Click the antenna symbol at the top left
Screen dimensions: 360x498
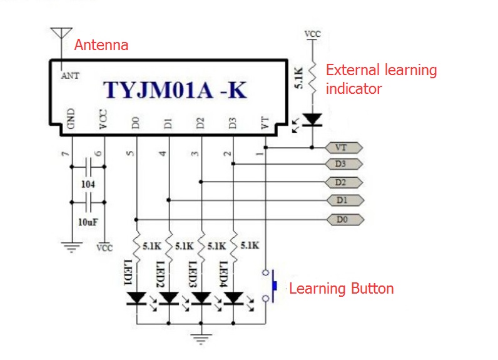(x=61, y=34)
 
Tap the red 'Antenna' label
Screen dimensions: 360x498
(x=101, y=45)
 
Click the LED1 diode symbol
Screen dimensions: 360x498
(x=136, y=299)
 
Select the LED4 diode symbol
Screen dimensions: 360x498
(x=233, y=299)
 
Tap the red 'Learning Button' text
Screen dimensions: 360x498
(x=341, y=289)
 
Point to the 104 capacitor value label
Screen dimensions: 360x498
(x=88, y=185)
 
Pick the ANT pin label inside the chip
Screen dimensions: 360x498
(x=70, y=76)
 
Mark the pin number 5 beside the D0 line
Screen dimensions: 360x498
(x=130, y=153)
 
